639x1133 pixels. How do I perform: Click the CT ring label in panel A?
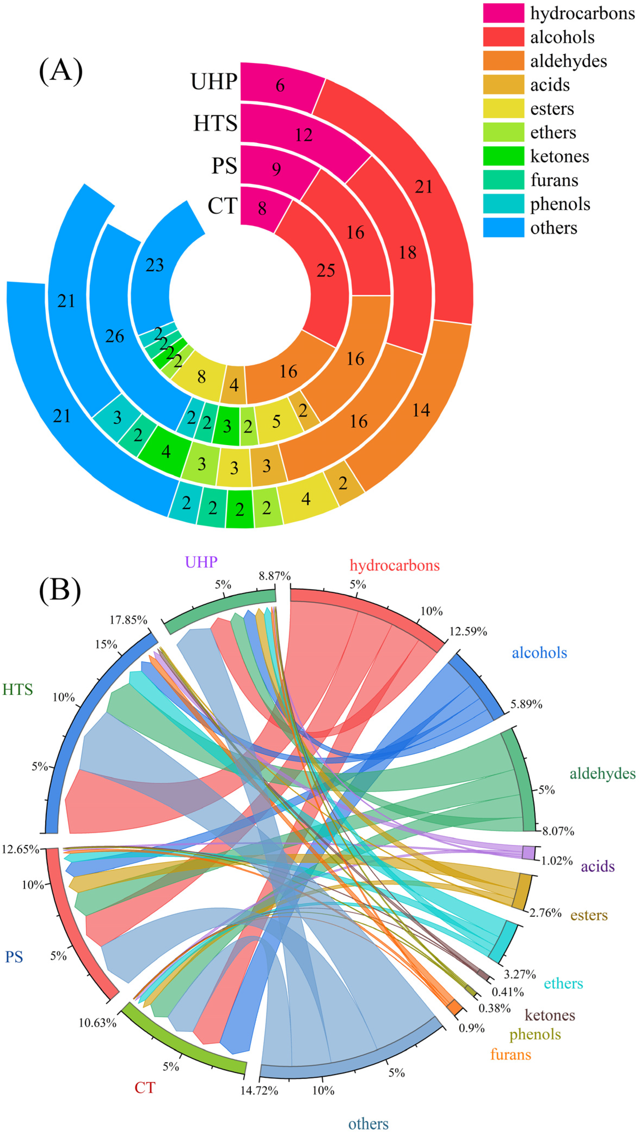click(222, 206)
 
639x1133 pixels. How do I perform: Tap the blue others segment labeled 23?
click(155, 265)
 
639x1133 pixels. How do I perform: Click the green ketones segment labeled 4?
click(166, 451)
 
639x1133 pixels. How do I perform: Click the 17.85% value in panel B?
click(128, 620)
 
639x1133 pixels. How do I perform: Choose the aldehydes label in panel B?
click(603, 773)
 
